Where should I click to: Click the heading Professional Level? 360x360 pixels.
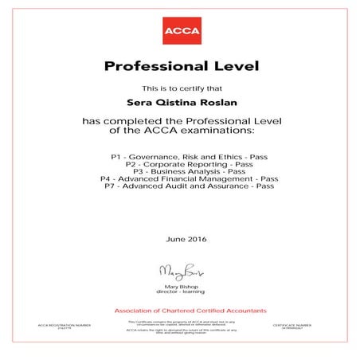(x=179, y=65)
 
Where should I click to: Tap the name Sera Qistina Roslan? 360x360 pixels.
(x=179, y=102)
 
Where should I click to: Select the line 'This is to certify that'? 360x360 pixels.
(x=179, y=87)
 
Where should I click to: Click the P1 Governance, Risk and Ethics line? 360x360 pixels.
(x=179, y=150)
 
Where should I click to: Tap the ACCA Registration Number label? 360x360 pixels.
(x=59, y=326)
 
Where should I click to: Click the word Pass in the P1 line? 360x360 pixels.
(x=257, y=150)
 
